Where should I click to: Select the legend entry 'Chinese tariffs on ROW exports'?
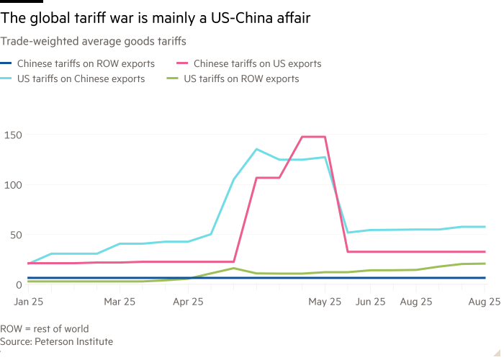pos(86,63)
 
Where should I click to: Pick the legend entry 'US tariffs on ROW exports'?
pos(241,78)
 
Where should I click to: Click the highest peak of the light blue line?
pos(256,149)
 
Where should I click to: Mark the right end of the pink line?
pos(485,252)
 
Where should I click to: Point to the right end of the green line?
pos(485,264)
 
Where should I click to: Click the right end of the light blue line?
pos(485,227)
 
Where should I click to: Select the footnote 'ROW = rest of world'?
pos(45,329)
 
